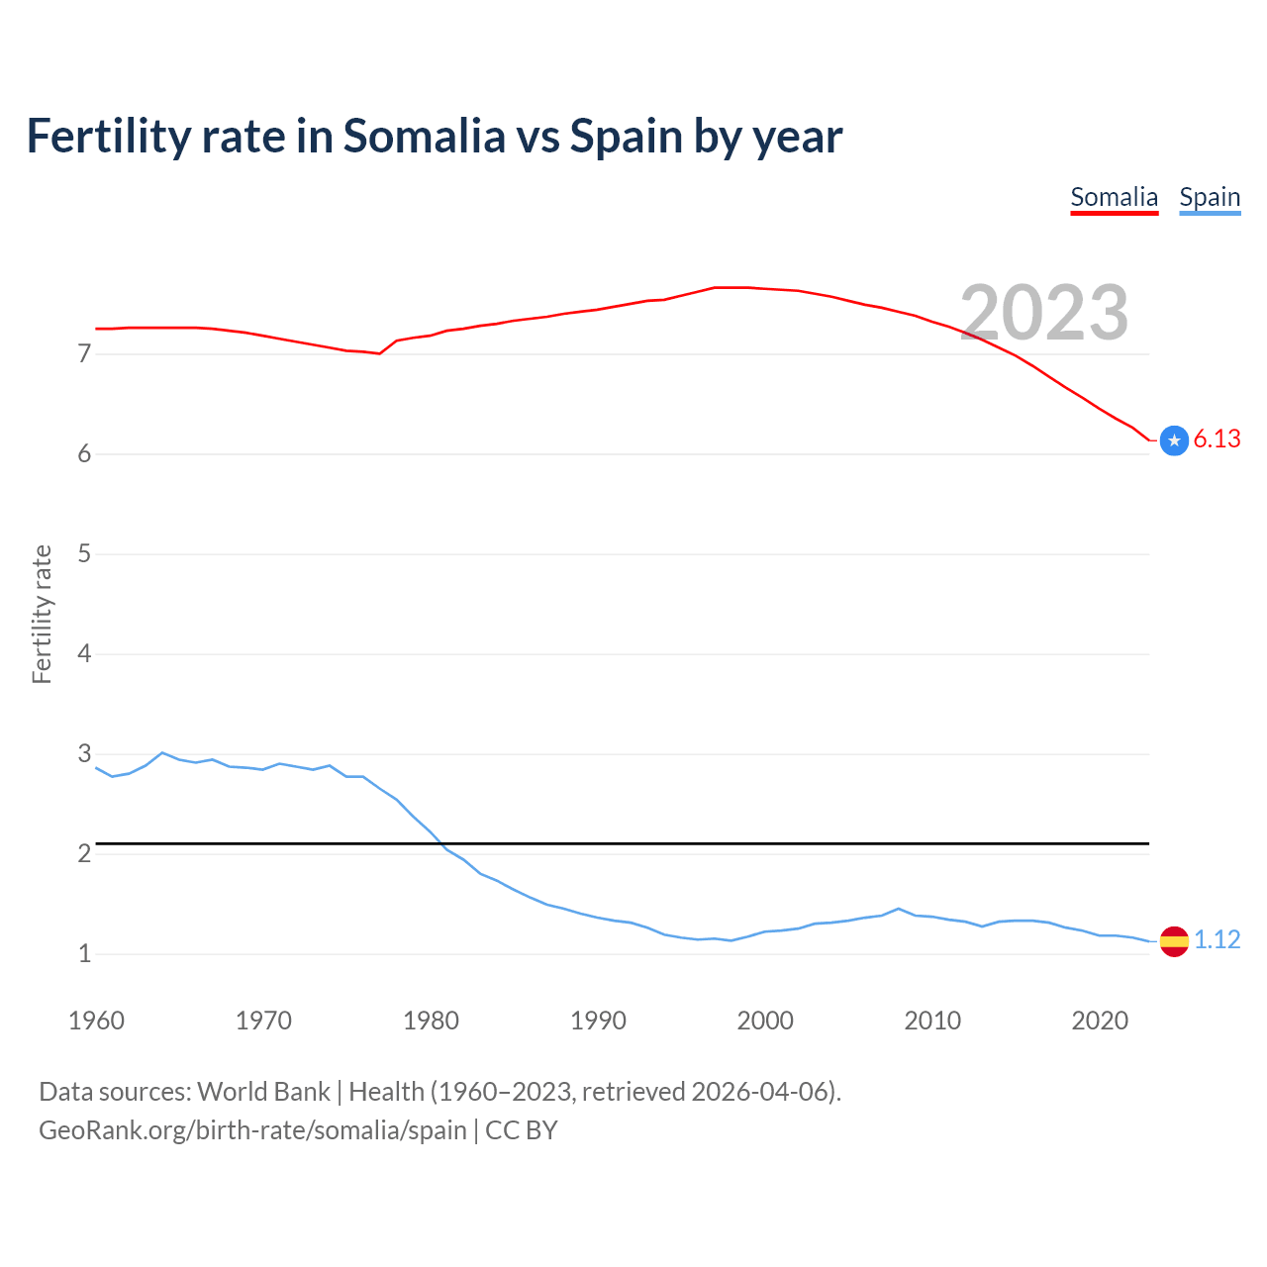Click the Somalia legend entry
click(1114, 197)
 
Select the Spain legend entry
click(1210, 197)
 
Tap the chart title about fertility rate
click(435, 136)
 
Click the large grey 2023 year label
click(1044, 313)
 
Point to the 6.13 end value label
click(1217, 439)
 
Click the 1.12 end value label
click(1217, 939)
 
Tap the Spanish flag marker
click(1174, 940)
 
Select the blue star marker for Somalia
click(1174, 440)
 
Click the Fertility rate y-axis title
click(42, 614)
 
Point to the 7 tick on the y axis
click(84, 353)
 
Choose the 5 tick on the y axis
click(84, 553)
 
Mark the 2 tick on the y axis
click(84, 853)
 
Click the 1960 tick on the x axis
click(96, 1021)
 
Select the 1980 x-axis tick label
click(431, 1021)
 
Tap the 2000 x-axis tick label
click(765, 1021)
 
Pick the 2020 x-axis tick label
click(1100, 1021)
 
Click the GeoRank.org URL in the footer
click(252, 1130)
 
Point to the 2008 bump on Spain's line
click(898, 909)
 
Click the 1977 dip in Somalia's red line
click(380, 353)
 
